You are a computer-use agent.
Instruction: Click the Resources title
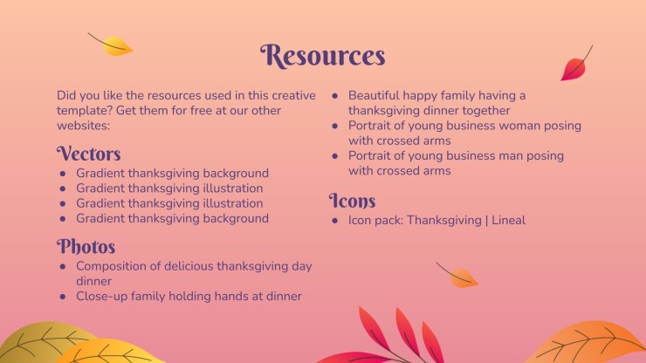(x=323, y=56)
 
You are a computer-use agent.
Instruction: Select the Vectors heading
(x=88, y=154)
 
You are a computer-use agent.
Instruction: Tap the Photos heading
(x=86, y=246)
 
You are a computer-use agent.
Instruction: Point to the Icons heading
(x=353, y=200)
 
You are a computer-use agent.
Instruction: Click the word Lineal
(x=508, y=220)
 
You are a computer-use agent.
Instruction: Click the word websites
(x=83, y=126)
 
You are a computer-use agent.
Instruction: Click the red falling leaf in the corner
(x=576, y=64)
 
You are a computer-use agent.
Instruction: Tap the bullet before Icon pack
(x=335, y=221)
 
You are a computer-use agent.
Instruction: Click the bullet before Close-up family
(x=63, y=297)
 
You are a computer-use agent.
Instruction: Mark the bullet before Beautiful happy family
(x=335, y=96)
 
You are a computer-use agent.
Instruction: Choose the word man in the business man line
(x=512, y=156)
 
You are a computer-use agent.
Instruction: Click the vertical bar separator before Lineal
(x=486, y=221)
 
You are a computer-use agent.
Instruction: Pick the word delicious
(x=189, y=266)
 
